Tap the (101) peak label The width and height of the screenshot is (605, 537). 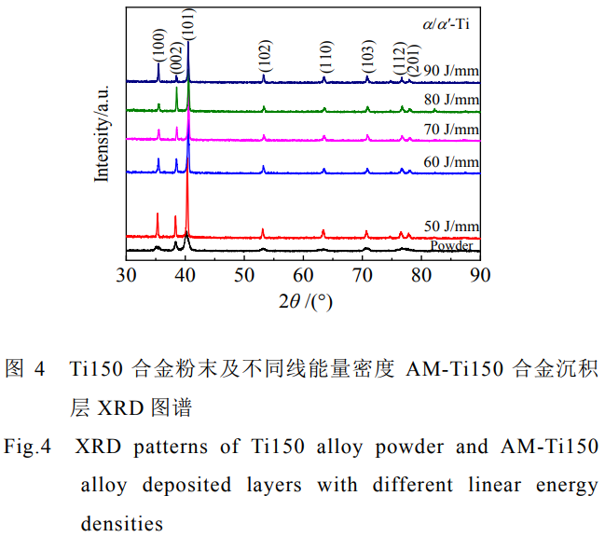(x=188, y=23)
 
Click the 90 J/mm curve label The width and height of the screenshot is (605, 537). (x=451, y=70)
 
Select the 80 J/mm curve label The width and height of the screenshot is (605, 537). (x=451, y=99)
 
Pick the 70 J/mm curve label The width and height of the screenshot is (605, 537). (x=451, y=129)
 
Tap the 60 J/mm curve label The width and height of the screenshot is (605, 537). (x=451, y=161)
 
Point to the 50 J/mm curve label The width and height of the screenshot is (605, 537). (x=451, y=227)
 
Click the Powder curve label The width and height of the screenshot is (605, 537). (x=452, y=245)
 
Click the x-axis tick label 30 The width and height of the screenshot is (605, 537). (x=126, y=274)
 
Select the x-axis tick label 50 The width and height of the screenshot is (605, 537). (x=244, y=274)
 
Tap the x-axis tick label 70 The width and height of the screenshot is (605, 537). (x=363, y=274)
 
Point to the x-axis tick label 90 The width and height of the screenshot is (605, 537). (x=480, y=274)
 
